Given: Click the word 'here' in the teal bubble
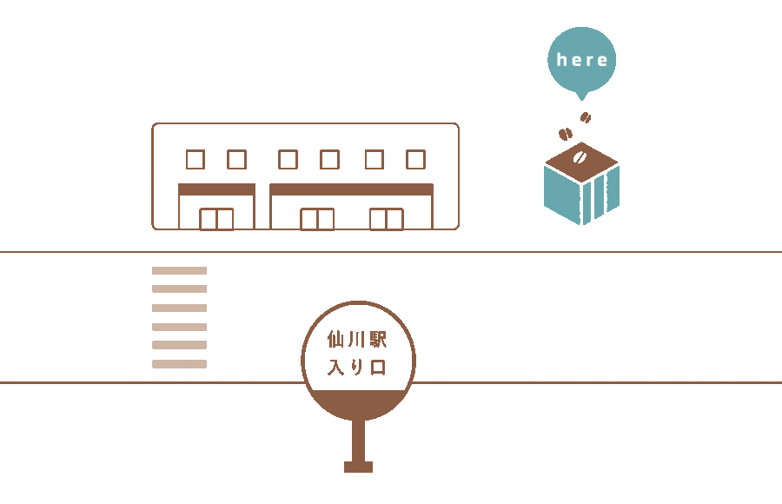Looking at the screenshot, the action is (582, 60).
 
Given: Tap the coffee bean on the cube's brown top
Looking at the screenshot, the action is (580, 157).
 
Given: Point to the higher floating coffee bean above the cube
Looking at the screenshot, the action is (586, 118).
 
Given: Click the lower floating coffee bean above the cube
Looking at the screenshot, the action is (565, 134).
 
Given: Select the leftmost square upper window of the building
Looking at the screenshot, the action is (195, 160).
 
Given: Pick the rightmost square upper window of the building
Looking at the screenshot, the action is (415, 160).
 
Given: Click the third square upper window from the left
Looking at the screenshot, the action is (288, 160).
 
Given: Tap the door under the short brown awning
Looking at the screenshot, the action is (216, 219).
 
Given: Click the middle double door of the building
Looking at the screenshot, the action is (317, 219).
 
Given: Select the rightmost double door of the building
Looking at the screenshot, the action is (387, 219).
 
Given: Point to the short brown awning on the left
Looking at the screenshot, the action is (217, 189).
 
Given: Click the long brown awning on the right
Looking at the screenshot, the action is (352, 189).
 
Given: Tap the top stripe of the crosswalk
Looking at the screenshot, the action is (180, 270).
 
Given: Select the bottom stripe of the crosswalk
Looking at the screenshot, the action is (180, 364).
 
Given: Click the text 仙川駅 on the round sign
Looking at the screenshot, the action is (357, 339).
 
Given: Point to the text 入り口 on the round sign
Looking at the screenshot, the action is (357, 368).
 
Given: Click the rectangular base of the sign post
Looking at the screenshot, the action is (358, 467).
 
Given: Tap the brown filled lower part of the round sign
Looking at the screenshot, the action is (358, 403).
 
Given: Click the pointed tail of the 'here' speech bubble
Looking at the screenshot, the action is (581, 96).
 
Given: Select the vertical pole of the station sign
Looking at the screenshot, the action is (358, 441).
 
